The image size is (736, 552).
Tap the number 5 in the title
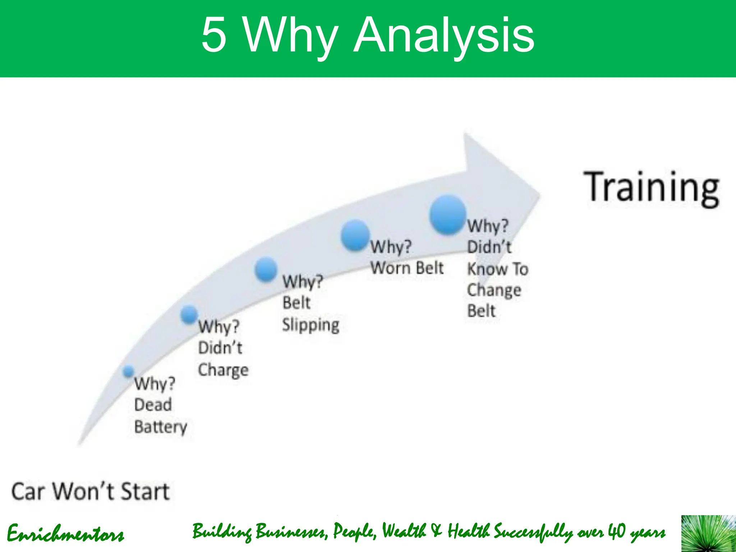tap(214, 35)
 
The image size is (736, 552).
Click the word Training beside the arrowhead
tap(651, 188)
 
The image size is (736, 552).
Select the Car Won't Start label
tap(90, 492)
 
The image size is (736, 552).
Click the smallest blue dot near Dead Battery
tap(128, 371)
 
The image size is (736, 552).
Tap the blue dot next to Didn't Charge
tap(189, 314)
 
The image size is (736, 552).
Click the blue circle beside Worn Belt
tap(355, 235)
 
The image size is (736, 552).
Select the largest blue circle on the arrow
tap(448, 215)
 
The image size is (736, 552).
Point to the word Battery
tap(161, 427)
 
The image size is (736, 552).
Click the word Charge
tap(223, 370)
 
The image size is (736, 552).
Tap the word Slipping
tap(310, 325)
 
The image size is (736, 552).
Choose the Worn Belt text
tap(407, 268)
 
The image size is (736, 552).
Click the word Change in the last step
tap(494, 290)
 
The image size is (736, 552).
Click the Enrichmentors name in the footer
tap(65, 534)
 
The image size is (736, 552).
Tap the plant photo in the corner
tap(708, 533)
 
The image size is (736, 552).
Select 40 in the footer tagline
tap(617, 531)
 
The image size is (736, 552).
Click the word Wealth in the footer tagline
tap(404, 531)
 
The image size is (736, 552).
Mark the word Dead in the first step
tap(153, 405)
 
